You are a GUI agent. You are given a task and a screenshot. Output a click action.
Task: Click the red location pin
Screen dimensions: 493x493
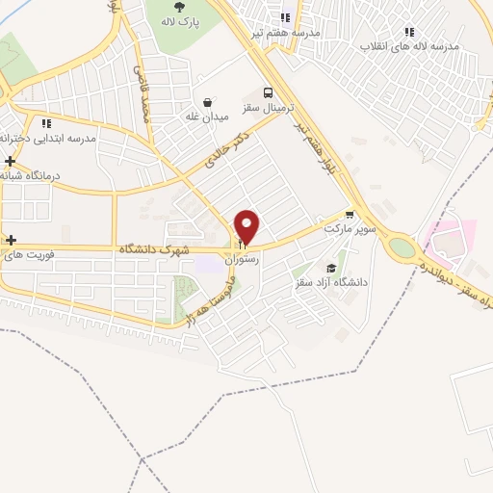point(247,226)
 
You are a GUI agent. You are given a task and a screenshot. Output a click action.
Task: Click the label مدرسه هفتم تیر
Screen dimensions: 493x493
point(284,32)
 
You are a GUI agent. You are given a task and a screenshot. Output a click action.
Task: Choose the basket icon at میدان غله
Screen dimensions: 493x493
point(207,101)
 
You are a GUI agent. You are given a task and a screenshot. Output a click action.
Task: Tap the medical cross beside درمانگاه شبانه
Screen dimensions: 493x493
point(9,161)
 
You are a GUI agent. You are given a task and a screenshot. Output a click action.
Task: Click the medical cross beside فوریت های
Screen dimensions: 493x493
point(10,240)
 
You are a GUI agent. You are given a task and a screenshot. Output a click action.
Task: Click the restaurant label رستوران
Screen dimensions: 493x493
point(241,260)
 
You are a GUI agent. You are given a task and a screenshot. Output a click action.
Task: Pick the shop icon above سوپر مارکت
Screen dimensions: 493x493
point(349,216)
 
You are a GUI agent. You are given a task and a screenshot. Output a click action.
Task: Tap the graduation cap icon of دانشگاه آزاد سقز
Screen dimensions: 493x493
point(332,268)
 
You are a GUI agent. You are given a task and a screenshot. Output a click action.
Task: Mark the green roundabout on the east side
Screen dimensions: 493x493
point(402,246)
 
